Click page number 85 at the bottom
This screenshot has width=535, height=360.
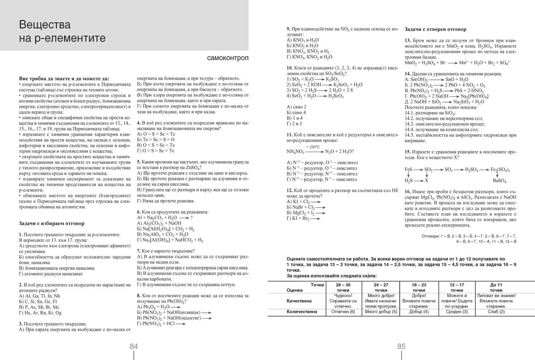point(401,347)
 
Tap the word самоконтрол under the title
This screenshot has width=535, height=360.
point(228,58)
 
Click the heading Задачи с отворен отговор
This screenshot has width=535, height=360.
point(436,29)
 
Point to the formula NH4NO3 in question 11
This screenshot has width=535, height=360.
point(296,152)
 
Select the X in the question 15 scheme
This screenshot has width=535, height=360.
point(427,181)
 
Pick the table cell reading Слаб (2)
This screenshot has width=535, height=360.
point(496,311)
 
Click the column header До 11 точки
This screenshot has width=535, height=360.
point(496,287)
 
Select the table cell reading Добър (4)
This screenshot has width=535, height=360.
point(420,311)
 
